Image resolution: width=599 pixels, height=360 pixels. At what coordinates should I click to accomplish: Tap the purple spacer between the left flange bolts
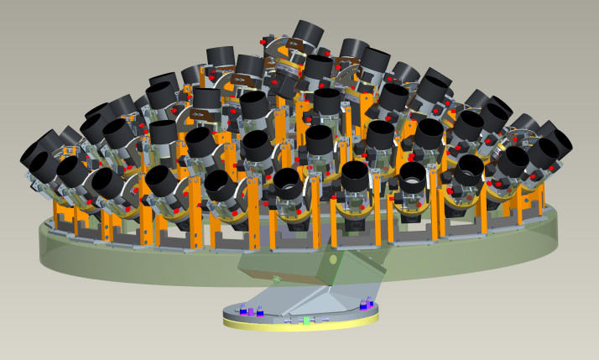251,312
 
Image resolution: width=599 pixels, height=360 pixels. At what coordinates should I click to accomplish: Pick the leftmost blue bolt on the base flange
242,310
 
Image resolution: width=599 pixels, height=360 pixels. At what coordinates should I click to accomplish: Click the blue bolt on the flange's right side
363,305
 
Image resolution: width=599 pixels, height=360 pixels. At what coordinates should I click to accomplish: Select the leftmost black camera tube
40,157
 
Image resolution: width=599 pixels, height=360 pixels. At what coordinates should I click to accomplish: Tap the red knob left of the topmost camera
263,40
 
